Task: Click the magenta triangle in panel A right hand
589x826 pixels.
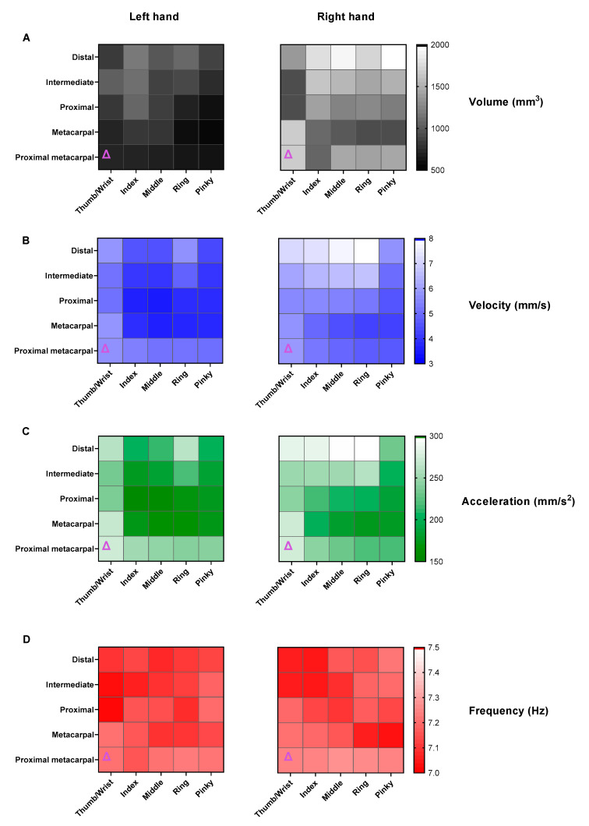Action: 288,155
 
